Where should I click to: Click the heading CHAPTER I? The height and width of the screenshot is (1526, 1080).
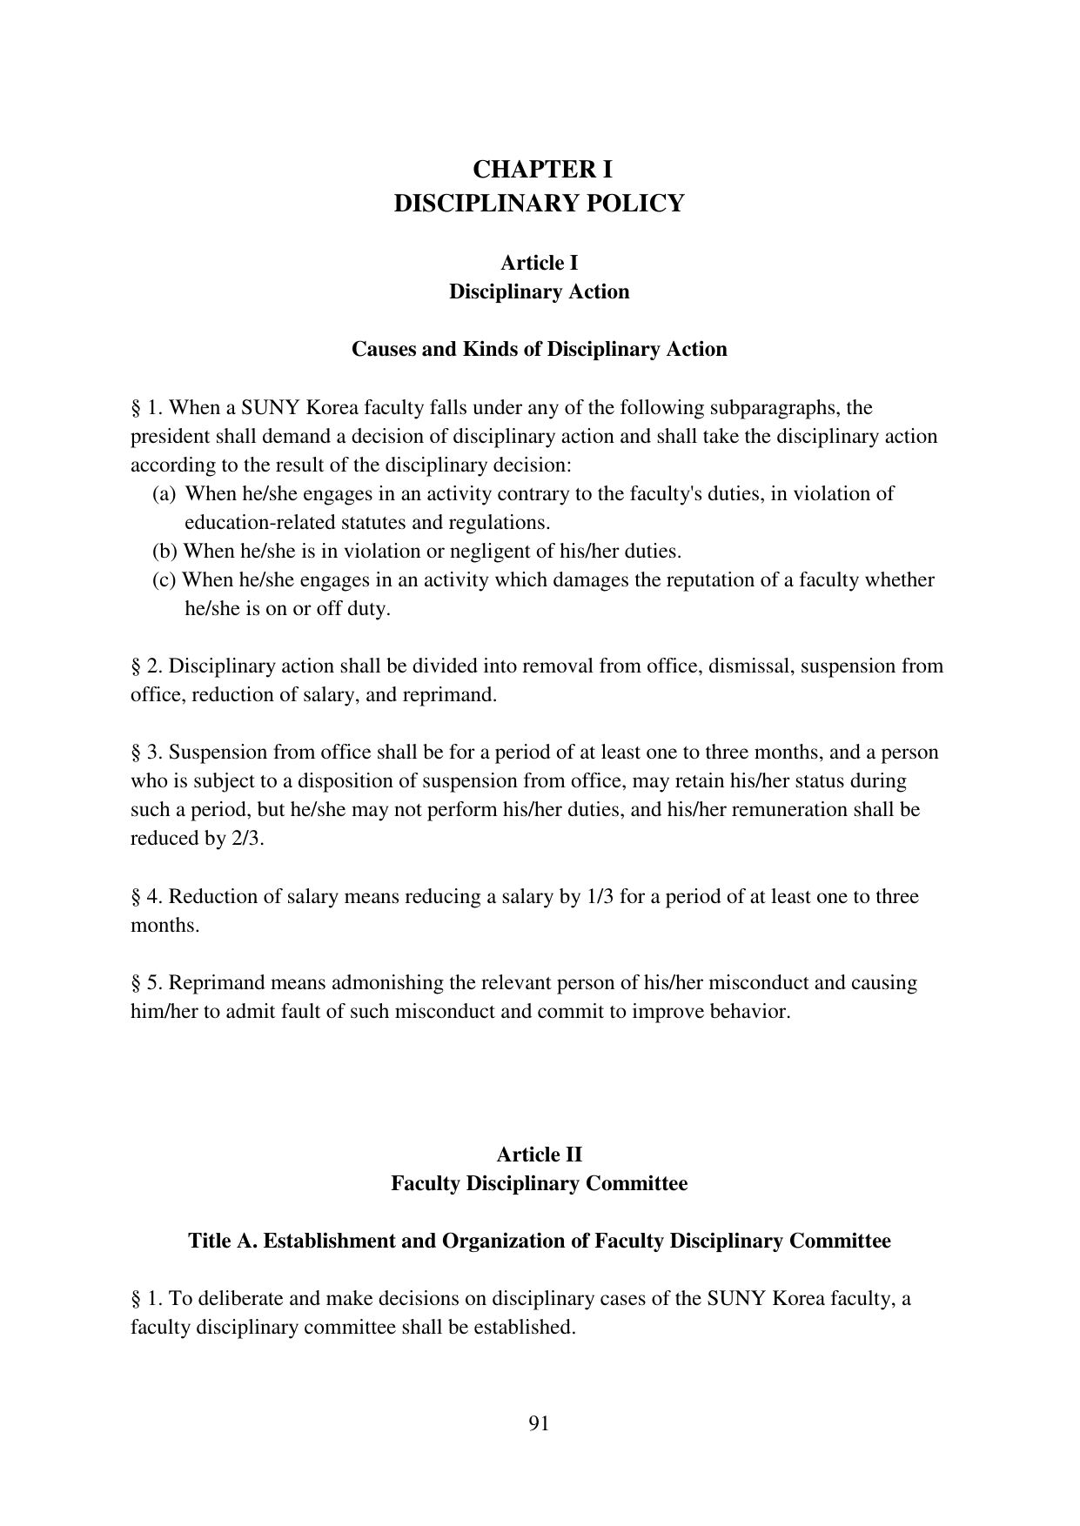point(539,169)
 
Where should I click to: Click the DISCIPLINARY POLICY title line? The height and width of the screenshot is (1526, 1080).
point(539,204)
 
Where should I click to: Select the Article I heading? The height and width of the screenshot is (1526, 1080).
point(539,263)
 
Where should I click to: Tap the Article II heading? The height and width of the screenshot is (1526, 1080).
point(539,1155)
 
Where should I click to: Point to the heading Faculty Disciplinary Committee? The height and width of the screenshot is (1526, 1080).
point(539,1183)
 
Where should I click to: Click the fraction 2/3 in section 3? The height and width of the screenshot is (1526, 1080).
point(247,839)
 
